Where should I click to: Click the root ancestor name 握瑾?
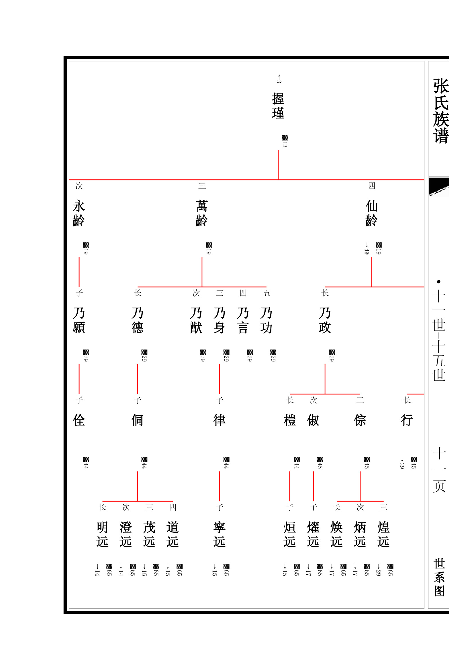pos(278,106)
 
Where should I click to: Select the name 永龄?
pos(79,213)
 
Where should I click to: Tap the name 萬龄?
pos(202,213)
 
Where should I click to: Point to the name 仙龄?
pos(372,213)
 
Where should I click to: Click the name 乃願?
pos(79,320)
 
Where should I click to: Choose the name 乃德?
pos(138,320)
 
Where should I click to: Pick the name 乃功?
pos(266,320)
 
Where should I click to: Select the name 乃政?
pos(325,320)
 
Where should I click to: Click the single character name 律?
pos(220,420)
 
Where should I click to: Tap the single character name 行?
pos(407,420)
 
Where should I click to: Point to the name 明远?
pos(102,534)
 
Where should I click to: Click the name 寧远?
pos(220,534)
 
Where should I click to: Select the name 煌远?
pos(383,534)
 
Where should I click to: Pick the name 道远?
pos(173,534)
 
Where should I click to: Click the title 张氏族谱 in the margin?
pos(441,111)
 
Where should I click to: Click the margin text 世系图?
pos(439,577)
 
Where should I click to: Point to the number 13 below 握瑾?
pos(285,144)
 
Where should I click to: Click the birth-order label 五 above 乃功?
pos(267,293)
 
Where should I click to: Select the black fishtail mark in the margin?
pos(439,186)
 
